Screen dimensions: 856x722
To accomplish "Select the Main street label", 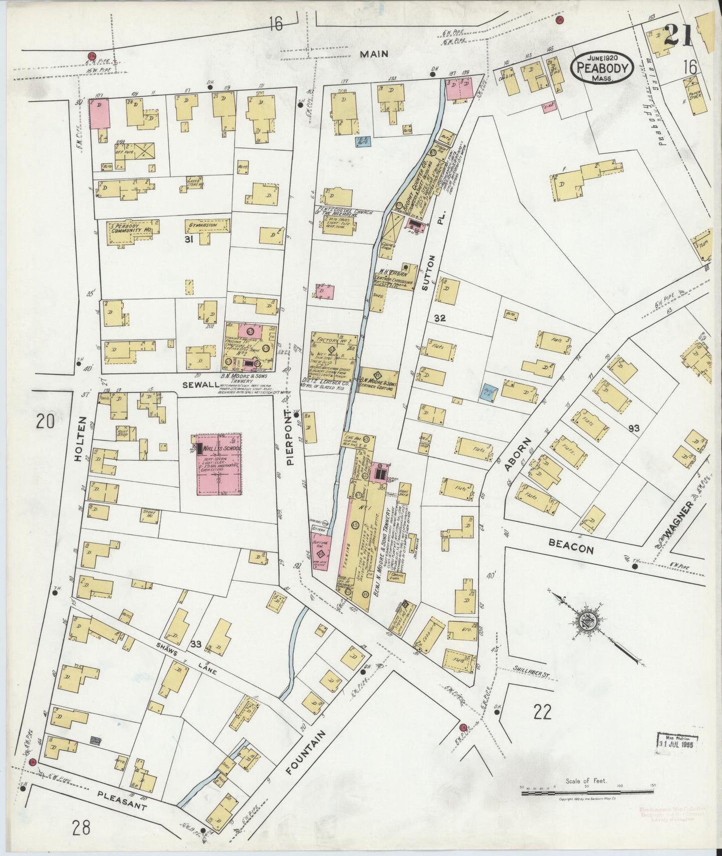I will coord(375,54).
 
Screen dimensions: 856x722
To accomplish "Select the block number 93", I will coord(634,428).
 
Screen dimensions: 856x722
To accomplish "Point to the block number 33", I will coord(195,644).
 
